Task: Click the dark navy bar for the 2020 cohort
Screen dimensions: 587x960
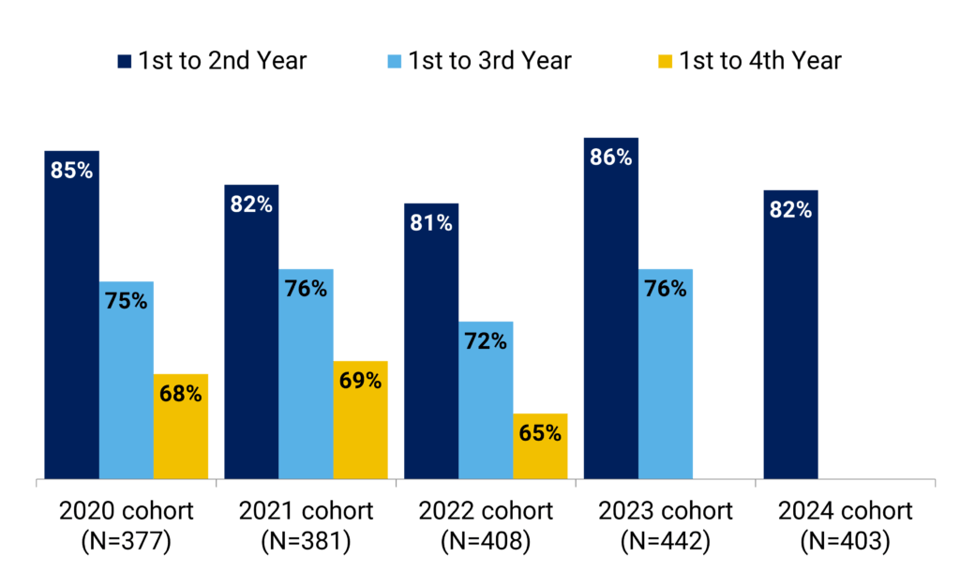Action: [x=71, y=319]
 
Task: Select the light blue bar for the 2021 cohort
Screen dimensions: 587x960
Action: [x=307, y=375]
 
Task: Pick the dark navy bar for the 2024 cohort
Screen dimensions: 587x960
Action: [x=791, y=338]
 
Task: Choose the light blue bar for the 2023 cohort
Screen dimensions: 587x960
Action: [x=666, y=375]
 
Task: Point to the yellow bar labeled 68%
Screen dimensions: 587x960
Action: [x=181, y=427]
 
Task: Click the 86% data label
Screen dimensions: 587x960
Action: [x=611, y=158]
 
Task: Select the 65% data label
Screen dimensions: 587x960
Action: [x=540, y=433]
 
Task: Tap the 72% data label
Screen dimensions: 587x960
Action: [x=486, y=341]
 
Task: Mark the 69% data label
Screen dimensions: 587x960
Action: [x=360, y=381]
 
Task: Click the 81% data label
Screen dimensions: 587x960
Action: [x=431, y=223]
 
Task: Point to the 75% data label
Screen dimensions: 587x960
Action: [x=127, y=301]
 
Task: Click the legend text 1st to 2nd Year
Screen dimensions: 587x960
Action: [x=223, y=61]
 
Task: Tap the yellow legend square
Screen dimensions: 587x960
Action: [x=665, y=62]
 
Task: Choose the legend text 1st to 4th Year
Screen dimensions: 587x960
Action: [x=760, y=61]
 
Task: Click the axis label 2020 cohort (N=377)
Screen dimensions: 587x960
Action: [x=126, y=526]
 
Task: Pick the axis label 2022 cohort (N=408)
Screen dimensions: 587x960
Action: [x=486, y=526]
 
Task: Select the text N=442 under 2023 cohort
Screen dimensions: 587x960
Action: [x=666, y=542]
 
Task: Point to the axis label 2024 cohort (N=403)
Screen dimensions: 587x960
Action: [x=846, y=526]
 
